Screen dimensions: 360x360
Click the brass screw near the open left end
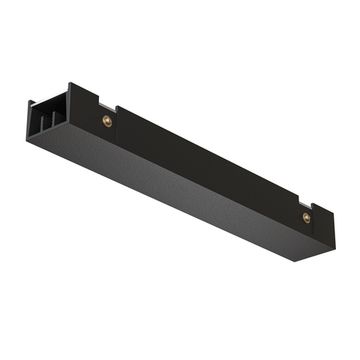click(107, 121)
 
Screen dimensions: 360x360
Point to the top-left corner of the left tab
click(72, 84)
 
